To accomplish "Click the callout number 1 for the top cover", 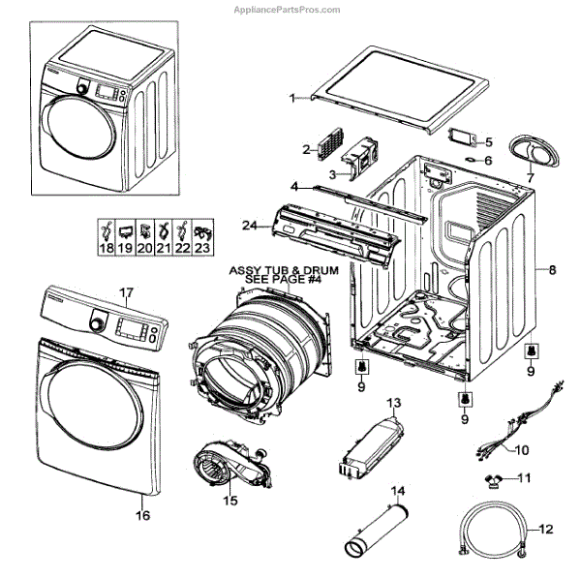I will (293, 98).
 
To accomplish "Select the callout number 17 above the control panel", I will (125, 291).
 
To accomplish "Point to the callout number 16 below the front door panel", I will (142, 516).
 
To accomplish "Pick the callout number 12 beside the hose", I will (545, 530).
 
